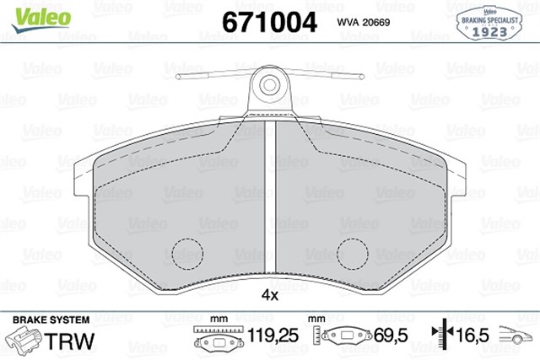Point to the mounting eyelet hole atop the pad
[x=269, y=84]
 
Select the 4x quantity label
[x=270, y=296]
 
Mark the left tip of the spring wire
[x=180, y=78]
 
